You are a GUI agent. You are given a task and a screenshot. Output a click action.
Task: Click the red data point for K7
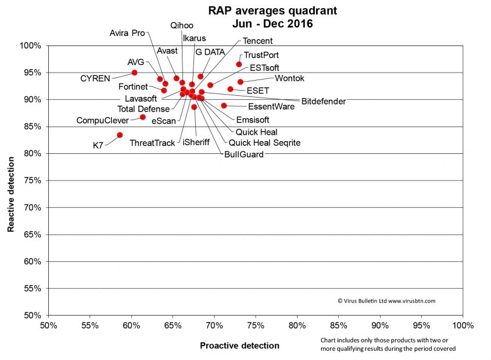120,135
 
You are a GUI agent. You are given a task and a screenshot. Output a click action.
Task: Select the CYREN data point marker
134,73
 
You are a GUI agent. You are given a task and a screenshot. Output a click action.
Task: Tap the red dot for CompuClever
143,117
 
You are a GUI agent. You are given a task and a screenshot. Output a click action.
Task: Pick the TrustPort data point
239,64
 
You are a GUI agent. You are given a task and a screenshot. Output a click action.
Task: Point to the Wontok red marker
241,82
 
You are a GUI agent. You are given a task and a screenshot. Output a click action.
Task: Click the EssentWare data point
224,106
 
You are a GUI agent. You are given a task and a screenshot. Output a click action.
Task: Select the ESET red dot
230,89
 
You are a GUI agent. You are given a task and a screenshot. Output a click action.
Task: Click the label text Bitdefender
323,101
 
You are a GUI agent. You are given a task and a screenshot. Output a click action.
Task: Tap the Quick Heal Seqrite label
264,142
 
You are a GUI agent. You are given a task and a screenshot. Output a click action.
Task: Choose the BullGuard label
243,154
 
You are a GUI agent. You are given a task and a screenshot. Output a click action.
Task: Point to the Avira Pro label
127,33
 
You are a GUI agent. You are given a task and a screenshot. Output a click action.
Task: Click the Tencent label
257,41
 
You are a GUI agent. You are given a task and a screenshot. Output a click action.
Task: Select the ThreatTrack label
152,143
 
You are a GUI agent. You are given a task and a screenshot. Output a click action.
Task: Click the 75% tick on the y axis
32,181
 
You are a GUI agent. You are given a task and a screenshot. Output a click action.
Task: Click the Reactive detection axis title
11,181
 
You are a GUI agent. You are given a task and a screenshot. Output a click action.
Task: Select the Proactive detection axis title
239,345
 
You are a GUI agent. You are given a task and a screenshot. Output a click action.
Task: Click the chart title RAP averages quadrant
273,11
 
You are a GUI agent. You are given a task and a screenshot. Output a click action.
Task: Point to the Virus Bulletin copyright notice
386,301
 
